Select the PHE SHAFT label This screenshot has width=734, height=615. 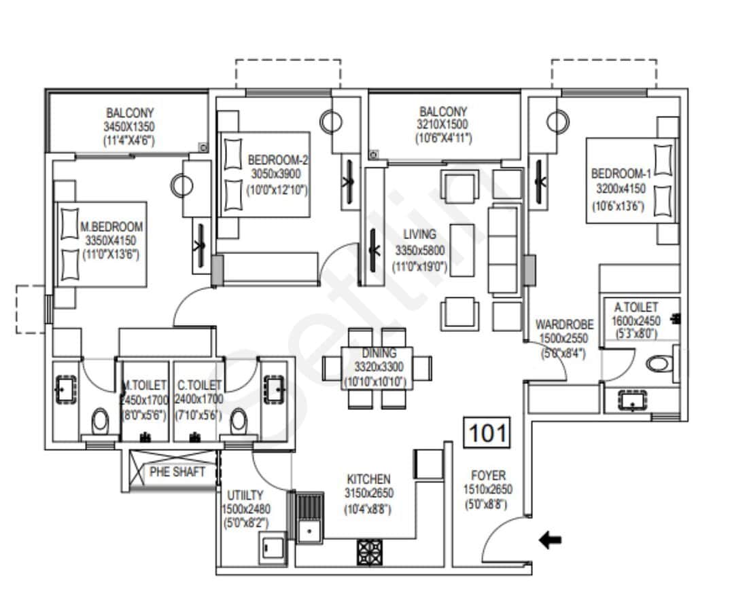pyautogui.click(x=177, y=472)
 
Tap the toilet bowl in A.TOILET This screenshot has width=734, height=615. pyautogui.click(x=657, y=364)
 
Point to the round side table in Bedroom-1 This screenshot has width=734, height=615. pyautogui.click(x=557, y=122)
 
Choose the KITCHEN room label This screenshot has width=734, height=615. pyautogui.click(x=368, y=479)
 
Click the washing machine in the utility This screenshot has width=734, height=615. pyautogui.click(x=273, y=548)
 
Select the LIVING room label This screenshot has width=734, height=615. pyautogui.click(x=419, y=235)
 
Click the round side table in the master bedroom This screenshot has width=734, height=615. pyautogui.click(x=182, y=185)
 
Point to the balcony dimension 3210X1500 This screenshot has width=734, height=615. pyautogui.click(x=442, y=125)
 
